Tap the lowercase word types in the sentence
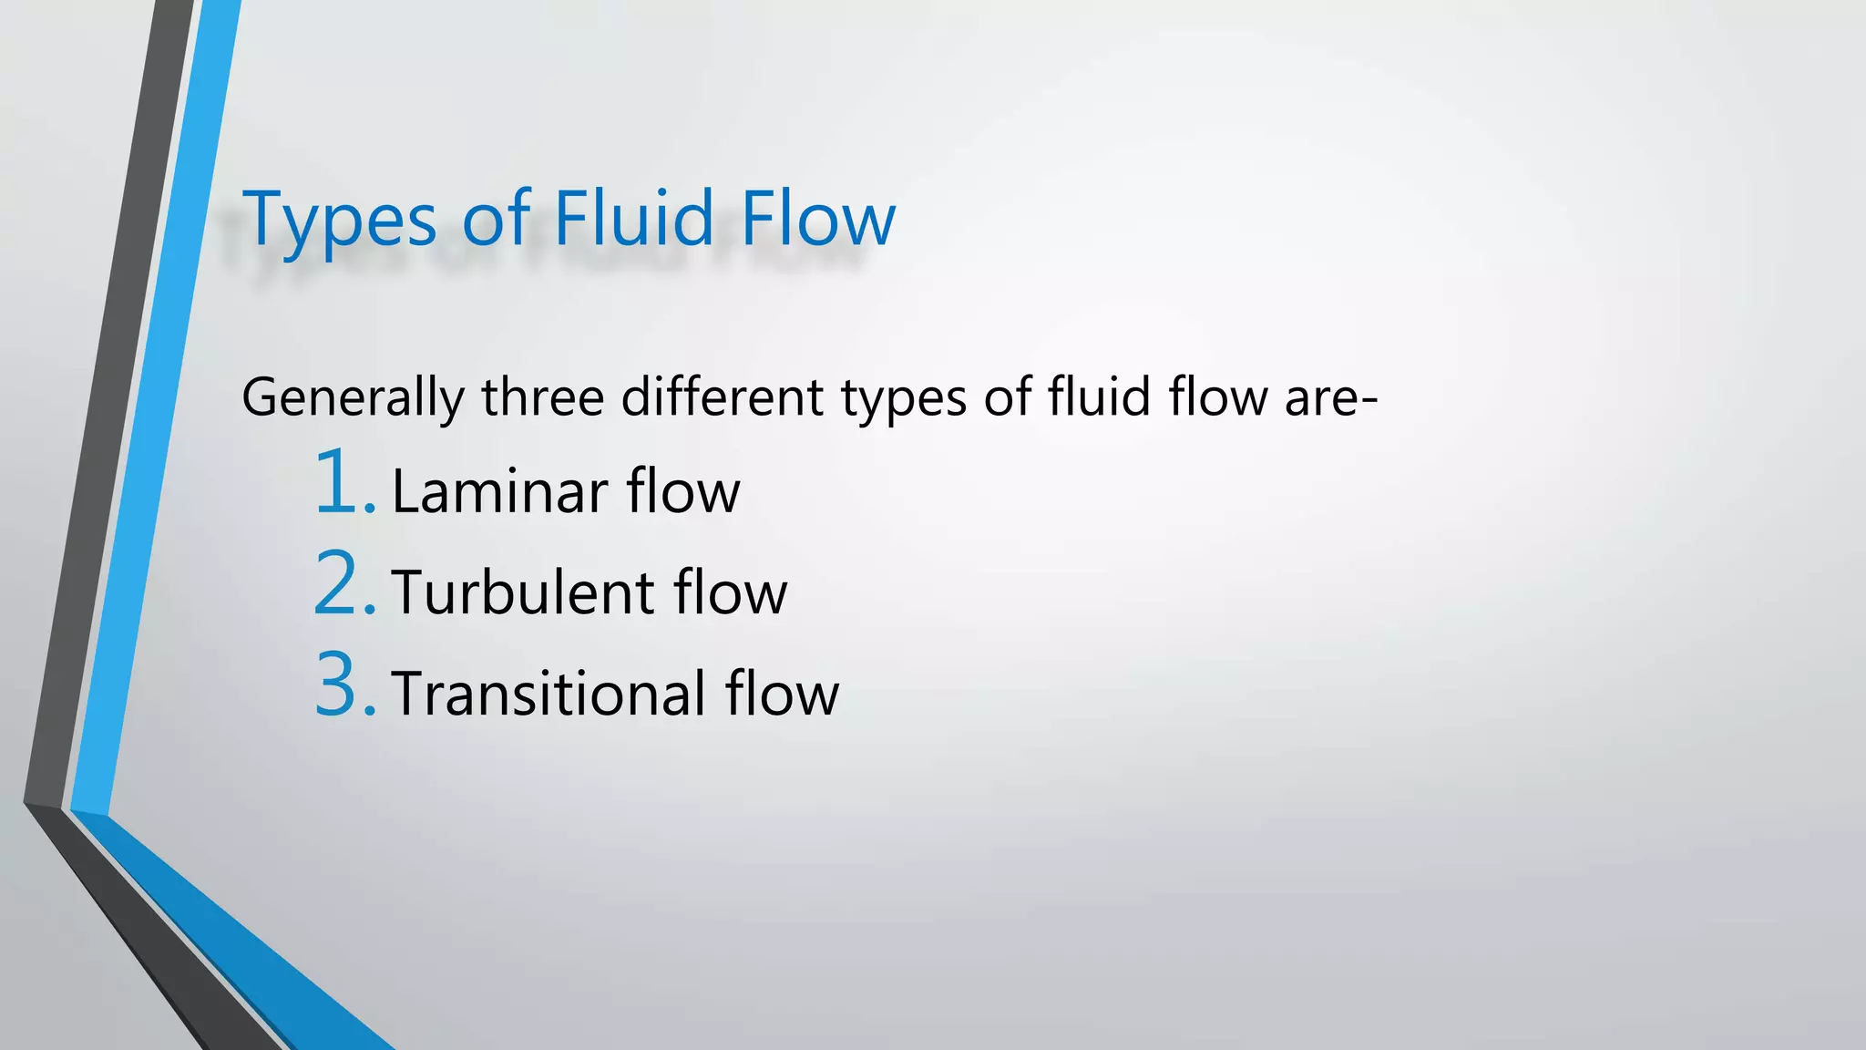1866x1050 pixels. pos(903,399)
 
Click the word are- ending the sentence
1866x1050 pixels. pos(1331,399)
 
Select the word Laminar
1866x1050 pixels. pos(499,492)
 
